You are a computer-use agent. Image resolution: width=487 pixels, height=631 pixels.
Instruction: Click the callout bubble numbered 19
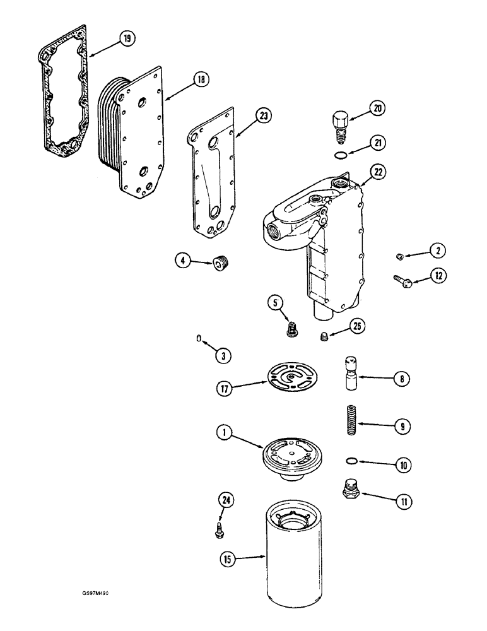[127, 39]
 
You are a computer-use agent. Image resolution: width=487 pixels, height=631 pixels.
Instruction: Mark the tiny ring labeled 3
[199, 339]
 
